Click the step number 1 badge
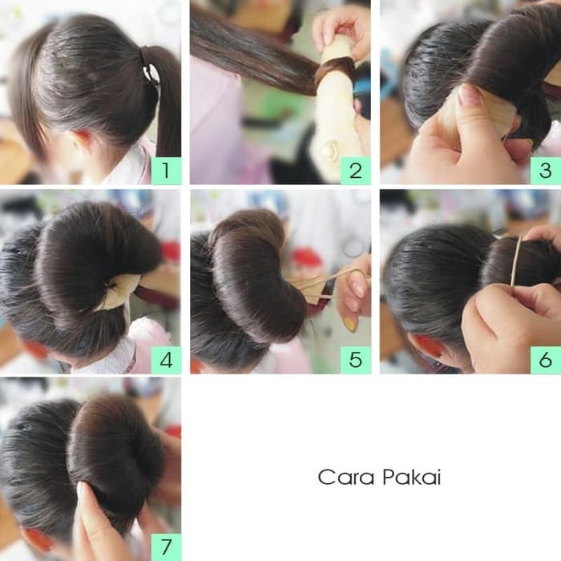pos(166,170)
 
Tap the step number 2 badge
pos(355,170)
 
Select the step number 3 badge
pos(545,170)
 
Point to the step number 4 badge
pos(166,360)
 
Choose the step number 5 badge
pos(355,360)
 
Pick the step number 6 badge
pos(545,360)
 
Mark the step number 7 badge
pos(166,547)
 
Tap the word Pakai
pos(412,478)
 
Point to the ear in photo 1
pos(80,140)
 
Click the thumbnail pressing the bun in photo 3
pos(470,94)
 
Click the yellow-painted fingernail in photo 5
pos(349,324)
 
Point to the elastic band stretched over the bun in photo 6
pos(515,261)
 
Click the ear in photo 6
pos(430,348)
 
